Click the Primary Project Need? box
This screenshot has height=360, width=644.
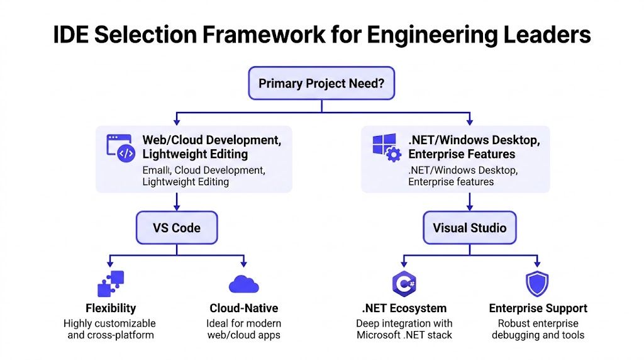pyautogui.click(x=321, y=83)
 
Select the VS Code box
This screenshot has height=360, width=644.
pyautogui.click(x=177, y=227)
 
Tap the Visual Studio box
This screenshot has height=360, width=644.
pyautogui.click(x=469, y=227)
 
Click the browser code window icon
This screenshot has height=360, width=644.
pyautogui.click(x=121, y=148)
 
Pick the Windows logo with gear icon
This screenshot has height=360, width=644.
pyautogui.click(x=386, y=147)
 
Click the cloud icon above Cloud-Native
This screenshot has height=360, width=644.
pyautogui.click(x=244, y=284)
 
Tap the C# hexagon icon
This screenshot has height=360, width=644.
pyautogui.click(x=403, y=284)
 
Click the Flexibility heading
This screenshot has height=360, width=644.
pyautogui.click(x=111, y=308)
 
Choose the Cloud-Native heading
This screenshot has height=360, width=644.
pyautogui.click(x=244, y=308)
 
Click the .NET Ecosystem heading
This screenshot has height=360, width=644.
pyautogui.click(x=404, y=308)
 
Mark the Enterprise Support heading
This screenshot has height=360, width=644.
pyautogui.click(x=538, y=308)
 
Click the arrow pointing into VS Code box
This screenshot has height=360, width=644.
pyautogui.click(x=177, y=205)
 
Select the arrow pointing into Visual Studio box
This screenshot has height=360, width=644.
pyautogui.click(x=469, y=205)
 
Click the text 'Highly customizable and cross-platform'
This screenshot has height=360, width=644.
pyautogui.click(x=111, y=329)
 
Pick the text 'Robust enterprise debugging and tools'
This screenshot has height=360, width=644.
pyautogui.click(x=538, y=329)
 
